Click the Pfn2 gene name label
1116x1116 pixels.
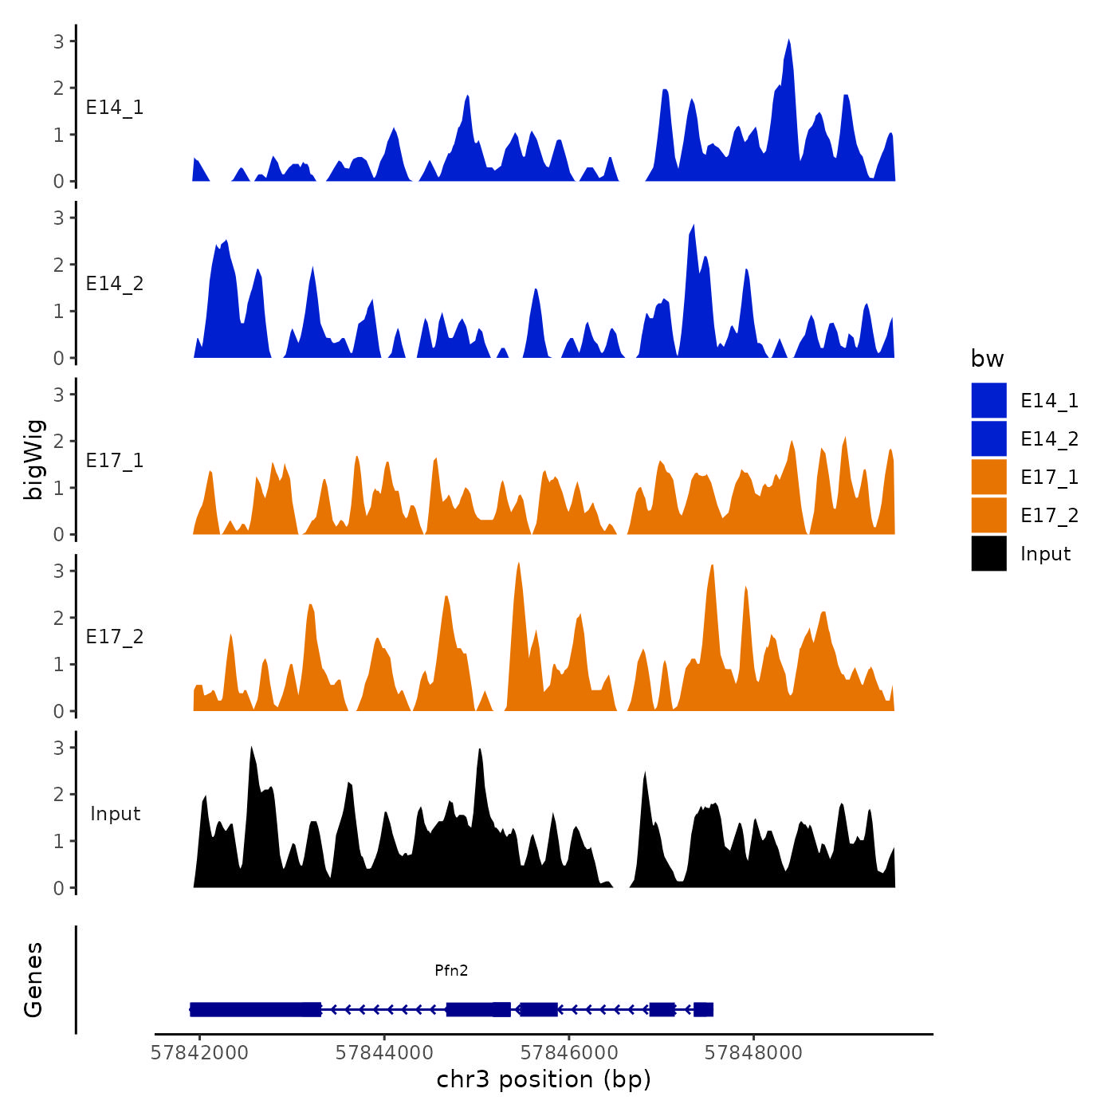[451, 970]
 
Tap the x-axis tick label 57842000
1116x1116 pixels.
[199, 1053]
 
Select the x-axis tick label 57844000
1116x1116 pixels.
[384, 1053]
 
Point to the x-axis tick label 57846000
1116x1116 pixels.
[569, 1053]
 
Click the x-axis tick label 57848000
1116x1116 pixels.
[753, 1053]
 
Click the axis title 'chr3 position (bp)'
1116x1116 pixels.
[544, 1080]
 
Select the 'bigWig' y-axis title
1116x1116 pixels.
[33, 460]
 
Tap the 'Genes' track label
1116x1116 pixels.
[33, 980]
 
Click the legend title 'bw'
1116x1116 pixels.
[987, 359]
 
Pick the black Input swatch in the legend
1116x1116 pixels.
[988, 553]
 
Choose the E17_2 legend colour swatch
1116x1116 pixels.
[988, 515]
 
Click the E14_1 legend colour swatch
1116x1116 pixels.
[988, 400]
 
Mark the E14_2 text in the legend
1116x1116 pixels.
[1049, 439]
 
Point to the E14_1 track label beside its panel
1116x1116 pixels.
[115, 108]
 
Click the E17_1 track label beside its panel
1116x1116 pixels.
[115, 461]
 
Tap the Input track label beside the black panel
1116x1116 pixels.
[115, 814]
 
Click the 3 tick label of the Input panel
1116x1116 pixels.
[59, 748]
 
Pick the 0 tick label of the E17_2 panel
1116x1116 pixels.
[59, 711]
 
